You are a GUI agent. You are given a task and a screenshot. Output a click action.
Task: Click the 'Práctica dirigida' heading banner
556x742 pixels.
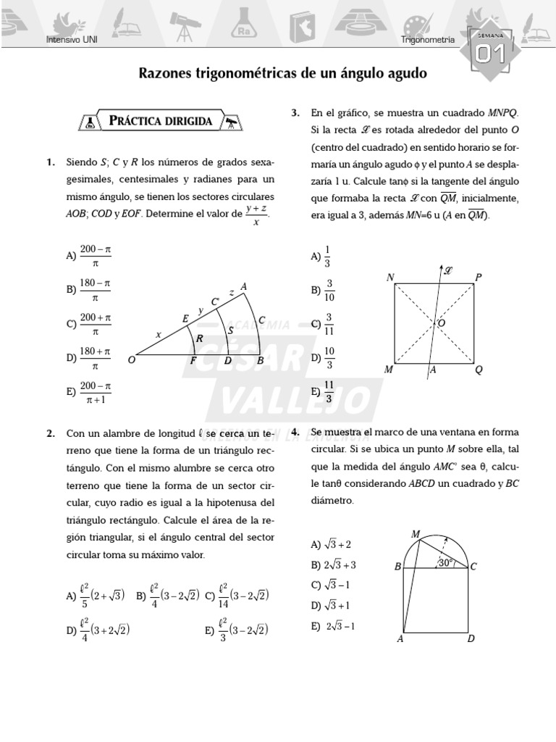click(161, 121)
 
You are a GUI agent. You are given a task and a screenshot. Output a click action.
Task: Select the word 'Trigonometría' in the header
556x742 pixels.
click(428, 41)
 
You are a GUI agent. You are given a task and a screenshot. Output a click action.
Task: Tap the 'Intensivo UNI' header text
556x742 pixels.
click(71, 41)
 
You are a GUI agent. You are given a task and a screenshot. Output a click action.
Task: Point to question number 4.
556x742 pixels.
click(295, 433)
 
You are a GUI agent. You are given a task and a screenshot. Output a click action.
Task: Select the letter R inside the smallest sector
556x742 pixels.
click(199, 338)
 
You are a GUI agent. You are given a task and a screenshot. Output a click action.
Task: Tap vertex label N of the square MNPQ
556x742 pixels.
click(390, 278)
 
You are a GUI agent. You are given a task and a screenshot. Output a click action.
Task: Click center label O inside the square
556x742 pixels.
click(441, 322)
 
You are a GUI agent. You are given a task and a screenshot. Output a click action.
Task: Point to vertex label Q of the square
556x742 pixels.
click(478, 370)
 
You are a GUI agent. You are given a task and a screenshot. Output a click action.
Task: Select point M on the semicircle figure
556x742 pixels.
click(416, 534)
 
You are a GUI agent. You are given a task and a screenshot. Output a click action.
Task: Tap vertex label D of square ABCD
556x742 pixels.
click(471, 638)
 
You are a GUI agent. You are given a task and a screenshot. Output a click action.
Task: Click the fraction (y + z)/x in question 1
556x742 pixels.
click(256, 214)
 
